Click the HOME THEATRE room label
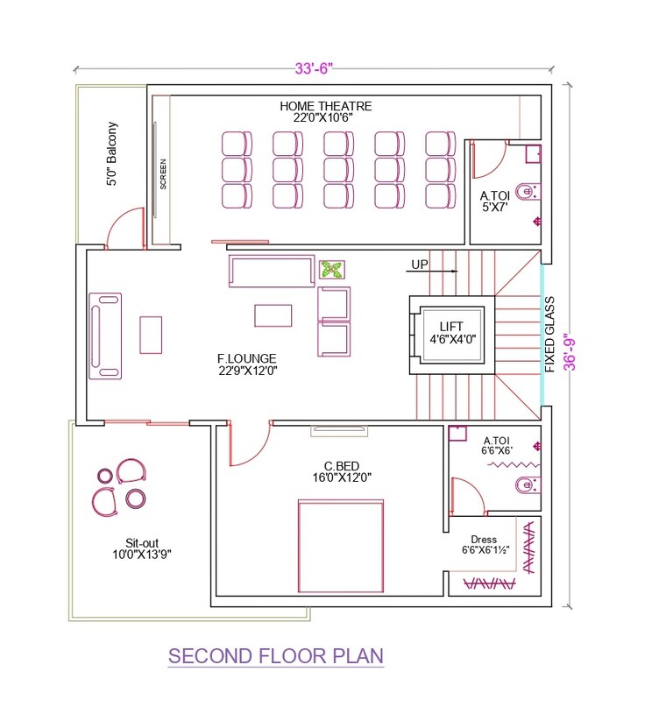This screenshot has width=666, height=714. click(326, 112)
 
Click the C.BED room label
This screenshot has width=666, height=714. click(344, 471)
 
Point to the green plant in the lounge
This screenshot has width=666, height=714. click(331, 271)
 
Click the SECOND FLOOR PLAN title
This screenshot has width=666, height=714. click(275, 656)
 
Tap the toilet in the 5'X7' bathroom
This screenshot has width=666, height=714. click(528, 191)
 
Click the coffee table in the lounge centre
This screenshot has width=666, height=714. click(273, 315)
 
